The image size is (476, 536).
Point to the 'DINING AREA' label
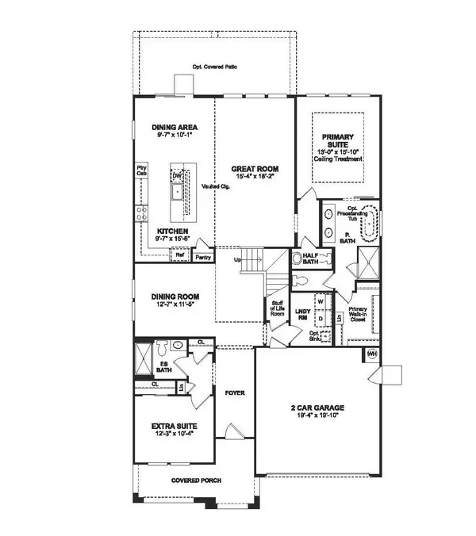click(175, 127)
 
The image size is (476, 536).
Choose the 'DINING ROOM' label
click(175, 298)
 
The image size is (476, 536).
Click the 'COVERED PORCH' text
click(196, 480)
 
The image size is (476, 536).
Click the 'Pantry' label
click(202, 258)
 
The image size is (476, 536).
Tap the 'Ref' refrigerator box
click(181, 255)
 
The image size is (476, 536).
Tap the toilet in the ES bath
click(161, 349)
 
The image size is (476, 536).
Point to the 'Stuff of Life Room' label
click(278, 308)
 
